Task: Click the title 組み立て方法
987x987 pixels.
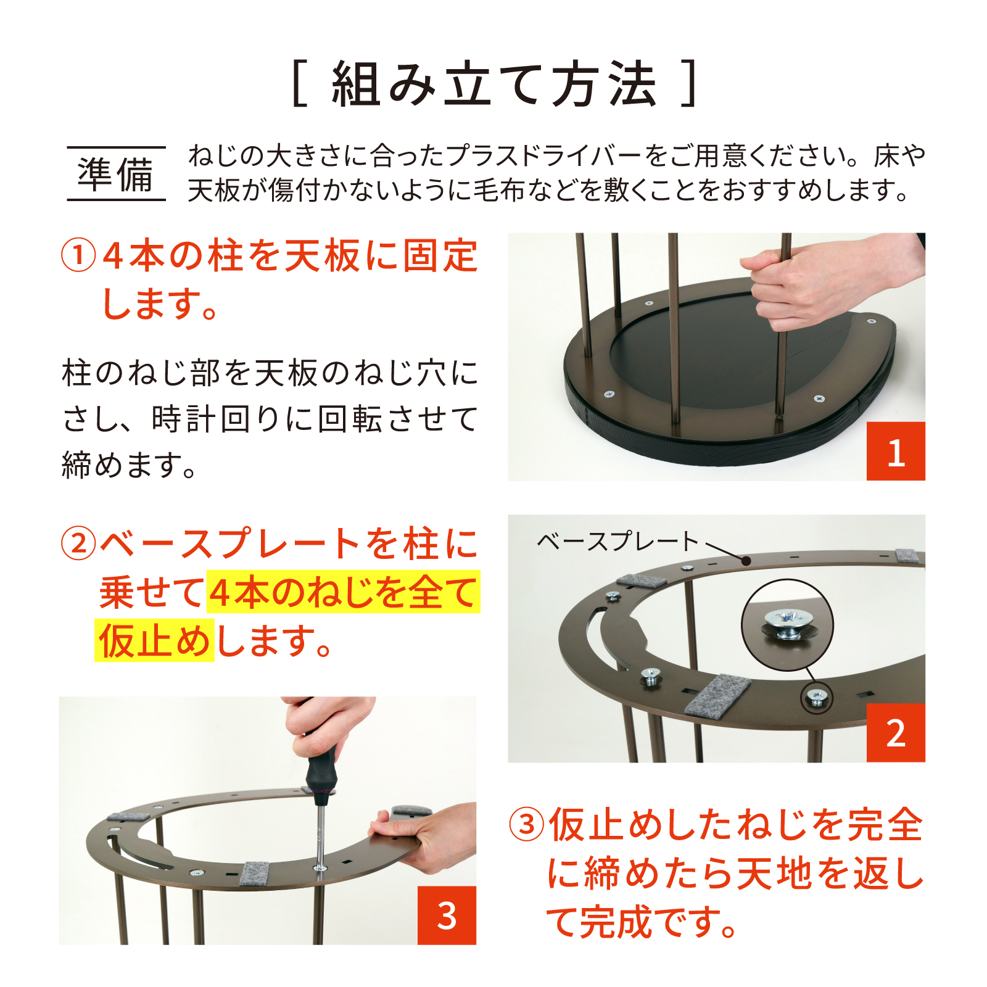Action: click(x=494, y=85)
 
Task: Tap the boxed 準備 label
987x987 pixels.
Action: click(x=116, y=174)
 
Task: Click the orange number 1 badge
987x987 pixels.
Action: click(x=896, y=451)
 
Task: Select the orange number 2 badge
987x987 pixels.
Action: click(x=896, y=733)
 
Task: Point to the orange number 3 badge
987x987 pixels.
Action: click(x=447, y=915)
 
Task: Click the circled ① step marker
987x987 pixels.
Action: click(x=78, y=256)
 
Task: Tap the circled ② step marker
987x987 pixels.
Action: click(x=78, y=543)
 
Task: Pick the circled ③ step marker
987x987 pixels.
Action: click(x=527, y=825)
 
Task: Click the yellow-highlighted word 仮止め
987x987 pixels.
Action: click(x=154, y=641)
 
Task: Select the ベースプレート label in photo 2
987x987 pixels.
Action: click(x=617, y=542)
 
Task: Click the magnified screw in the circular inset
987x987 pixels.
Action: click(x=787, y=624)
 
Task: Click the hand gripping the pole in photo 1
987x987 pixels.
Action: click(x=820, y=284)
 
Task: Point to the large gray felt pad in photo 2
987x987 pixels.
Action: click(x=717, y=696)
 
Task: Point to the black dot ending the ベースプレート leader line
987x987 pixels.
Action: click(x=746, y=561)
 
